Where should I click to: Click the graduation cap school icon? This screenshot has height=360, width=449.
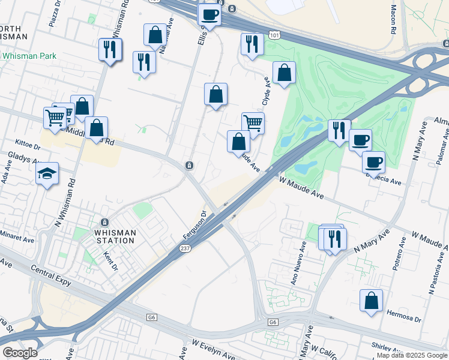[x=47, y=174]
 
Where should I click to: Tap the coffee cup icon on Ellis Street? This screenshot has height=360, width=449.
[x=209, y=14]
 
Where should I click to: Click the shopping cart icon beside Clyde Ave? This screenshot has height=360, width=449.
[x=253, y=123]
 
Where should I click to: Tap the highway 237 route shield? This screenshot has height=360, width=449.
[x=185, y=247]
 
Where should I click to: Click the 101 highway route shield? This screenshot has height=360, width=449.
[x=274, y=35]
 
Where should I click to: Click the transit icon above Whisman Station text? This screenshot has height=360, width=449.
[x=105, y=221]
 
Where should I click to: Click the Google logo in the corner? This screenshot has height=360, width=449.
[x=19, y=352]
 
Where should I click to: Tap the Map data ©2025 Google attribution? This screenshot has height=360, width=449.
[x=412, y=355]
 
